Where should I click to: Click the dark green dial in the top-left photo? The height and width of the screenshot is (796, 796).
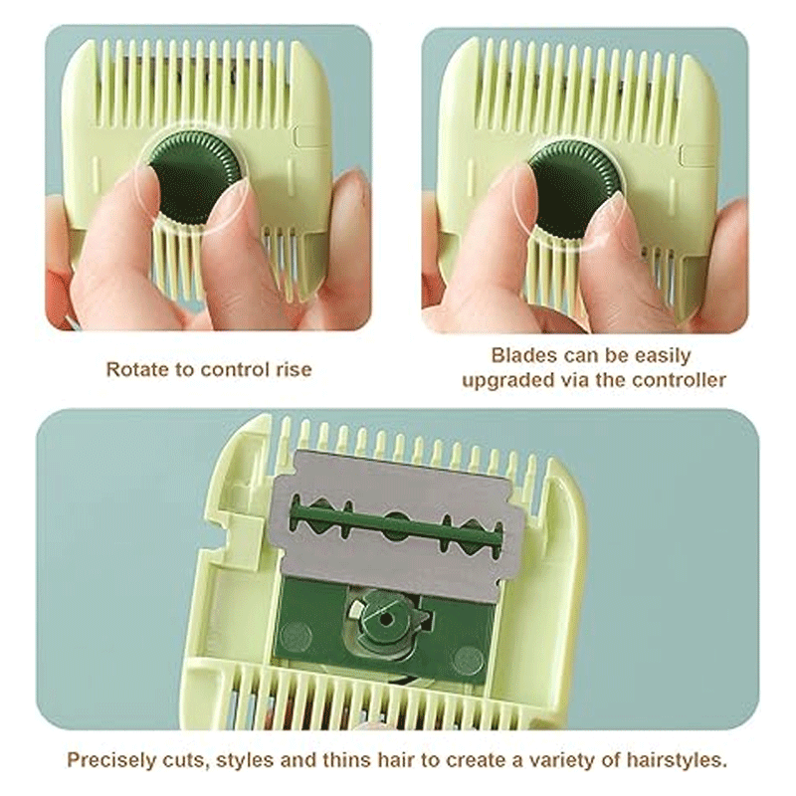point(193,178)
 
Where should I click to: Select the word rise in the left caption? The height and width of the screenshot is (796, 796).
point(294,369)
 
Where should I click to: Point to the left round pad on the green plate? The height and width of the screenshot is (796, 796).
point(297,633)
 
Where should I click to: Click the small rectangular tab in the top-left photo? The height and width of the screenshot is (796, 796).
point(304,137)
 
